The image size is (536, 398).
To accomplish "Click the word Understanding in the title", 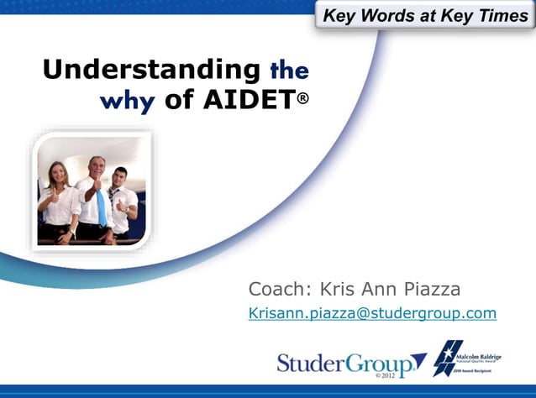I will (151, 70).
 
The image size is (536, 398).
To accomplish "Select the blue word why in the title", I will (127, 102).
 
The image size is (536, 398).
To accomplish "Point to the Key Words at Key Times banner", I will (425, 15).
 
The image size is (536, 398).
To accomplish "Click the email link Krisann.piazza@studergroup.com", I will (372, 314).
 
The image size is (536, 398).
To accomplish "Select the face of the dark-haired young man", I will (120, 179).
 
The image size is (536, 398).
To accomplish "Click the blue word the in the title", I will (288, 71).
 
